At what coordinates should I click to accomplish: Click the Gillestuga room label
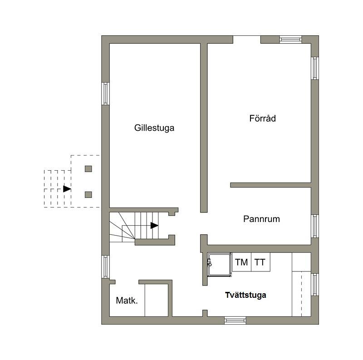click(x=154, y=128)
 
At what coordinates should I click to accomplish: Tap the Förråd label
click(x=263, y=118)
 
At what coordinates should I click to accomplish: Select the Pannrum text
click(x=262, y=219)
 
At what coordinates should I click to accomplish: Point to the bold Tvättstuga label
click(x=245, y=295)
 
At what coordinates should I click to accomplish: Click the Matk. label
click(x=127, y=301)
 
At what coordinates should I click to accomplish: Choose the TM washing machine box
click(x=241, y=262)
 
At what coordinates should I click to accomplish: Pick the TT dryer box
click(x=260, y=262)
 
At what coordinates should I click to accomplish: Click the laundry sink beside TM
click(x=220, y=265)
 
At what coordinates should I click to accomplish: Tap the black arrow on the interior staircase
click(x=154, y=226)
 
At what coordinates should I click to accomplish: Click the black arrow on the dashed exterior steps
click(x=67, y=189)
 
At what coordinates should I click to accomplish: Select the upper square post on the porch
click(x=88, y=169)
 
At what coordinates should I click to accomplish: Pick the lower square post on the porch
click(x=88, y=195)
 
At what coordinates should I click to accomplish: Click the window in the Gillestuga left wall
click(x=105, y=94)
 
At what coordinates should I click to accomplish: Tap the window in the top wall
click(x=290, y=39)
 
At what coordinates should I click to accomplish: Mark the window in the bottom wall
click(x=235, y=321)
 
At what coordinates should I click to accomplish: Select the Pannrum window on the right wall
click(x=315, y=226)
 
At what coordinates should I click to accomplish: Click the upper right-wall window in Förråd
click(x=315, y=69)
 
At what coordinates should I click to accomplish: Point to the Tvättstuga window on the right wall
click(x=315, y=285)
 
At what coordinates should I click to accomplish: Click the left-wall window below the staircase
click(x=105, y=266)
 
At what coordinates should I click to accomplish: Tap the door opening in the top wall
click(x=247, y=39)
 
